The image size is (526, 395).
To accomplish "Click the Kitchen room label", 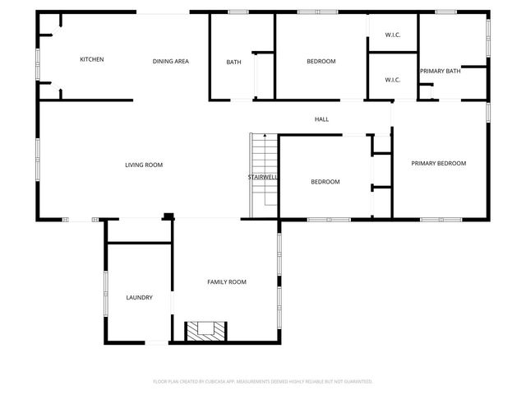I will [x=91, y=59].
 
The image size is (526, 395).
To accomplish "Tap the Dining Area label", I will [x=171, y=62].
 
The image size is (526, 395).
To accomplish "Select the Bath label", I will [x=233, y=63].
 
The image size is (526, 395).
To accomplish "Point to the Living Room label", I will [x=144, y=165].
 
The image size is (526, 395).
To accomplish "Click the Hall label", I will [x=321, y=120].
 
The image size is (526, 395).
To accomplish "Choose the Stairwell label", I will [x=262, y=178].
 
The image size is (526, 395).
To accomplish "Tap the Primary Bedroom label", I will [x=439, y=164].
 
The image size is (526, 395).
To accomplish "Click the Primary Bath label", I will [x=441, y=72].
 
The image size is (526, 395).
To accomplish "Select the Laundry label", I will [x=139, y=298].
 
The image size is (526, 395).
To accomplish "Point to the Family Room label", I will [x=227, y=282].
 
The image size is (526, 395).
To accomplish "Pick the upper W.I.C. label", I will [x=393, y=35].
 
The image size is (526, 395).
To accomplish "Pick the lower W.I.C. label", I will [x=393, y=80].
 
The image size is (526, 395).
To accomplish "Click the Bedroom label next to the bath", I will [x=321, y=62].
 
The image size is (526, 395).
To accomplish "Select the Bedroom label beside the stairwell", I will [x=325, y=182].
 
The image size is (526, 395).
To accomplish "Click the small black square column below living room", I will [x=168, y=217].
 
